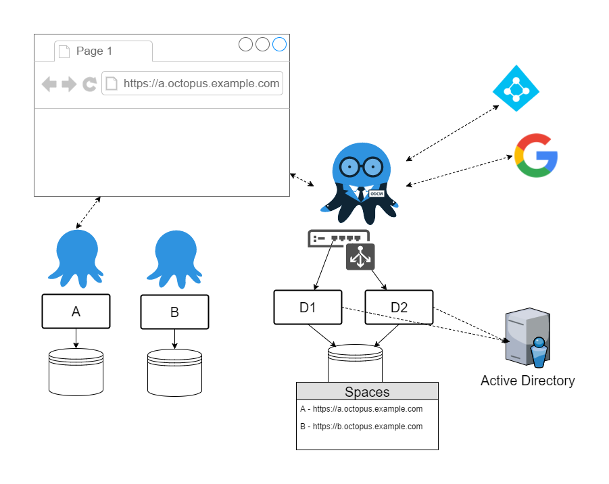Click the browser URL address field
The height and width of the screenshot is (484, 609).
pos(192,84)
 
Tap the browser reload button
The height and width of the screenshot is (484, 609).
pos(89,84)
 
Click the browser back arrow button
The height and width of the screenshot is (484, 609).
pos(49,84)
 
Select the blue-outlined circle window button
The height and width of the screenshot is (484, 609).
pos(279,45)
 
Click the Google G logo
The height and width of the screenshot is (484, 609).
pos(536,155)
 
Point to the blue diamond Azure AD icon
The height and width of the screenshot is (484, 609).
pos(516,88)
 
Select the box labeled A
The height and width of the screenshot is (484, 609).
pos(76,311)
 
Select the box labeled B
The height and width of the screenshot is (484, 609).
pos(174,312)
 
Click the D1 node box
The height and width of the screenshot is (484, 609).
pos(308,307)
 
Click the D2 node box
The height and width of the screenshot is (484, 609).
pos(399,307)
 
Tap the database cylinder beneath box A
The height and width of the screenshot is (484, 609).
pos(76,372)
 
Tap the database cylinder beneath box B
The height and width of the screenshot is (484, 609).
pos(174,372)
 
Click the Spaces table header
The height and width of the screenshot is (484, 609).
pos(367,391)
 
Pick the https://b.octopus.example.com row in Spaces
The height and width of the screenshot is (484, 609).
pos(362,427)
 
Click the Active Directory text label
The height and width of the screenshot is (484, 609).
pos(527,381)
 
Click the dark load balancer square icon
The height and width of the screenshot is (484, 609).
pos(360,257)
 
